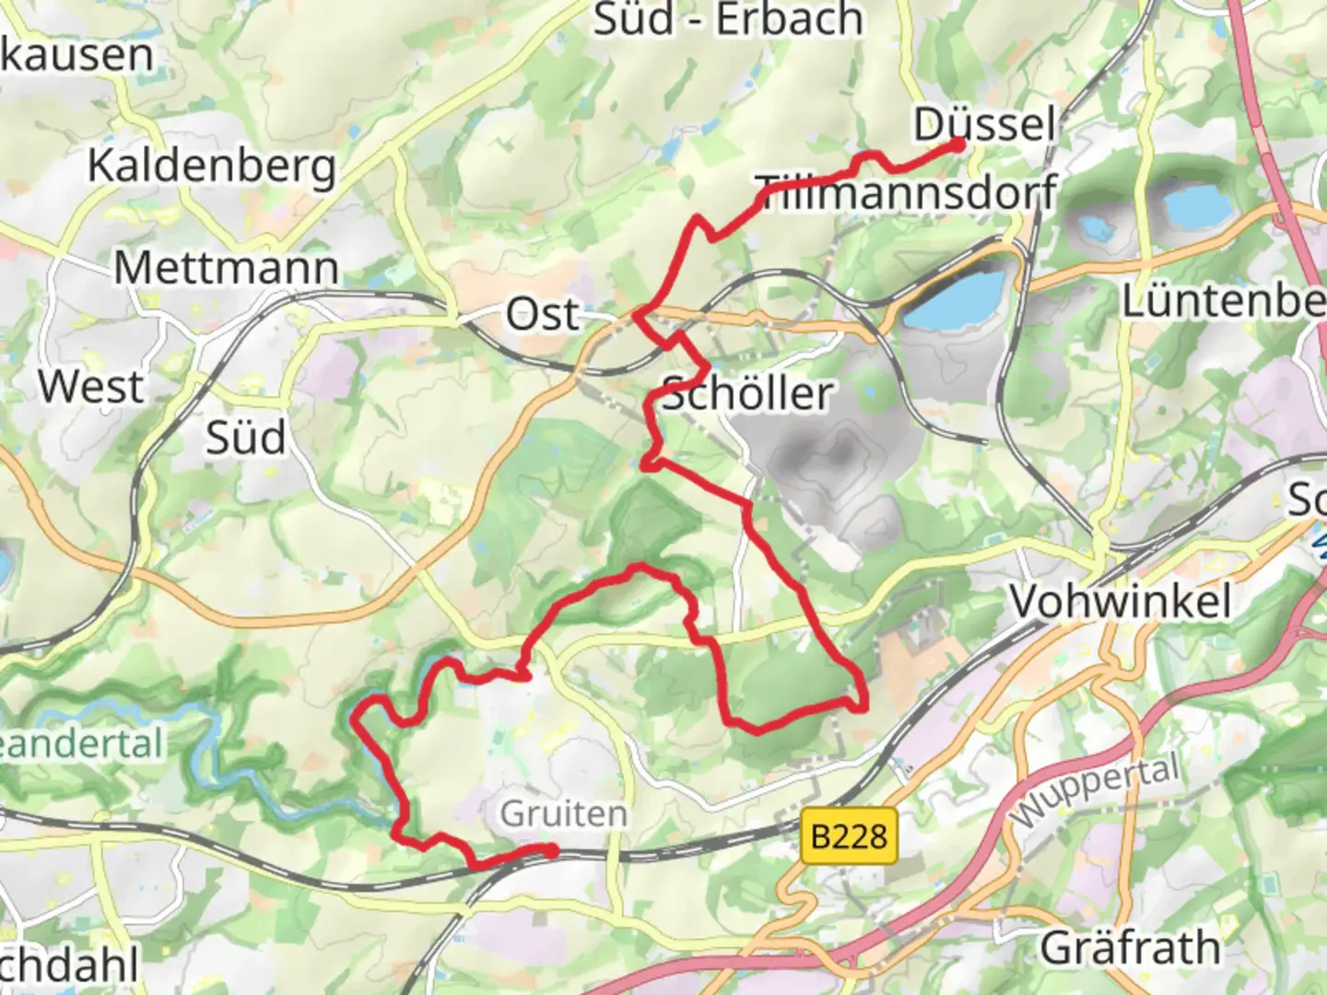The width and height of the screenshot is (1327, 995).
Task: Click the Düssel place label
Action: [984, 123]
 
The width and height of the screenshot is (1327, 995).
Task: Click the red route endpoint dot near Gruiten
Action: [550, 851]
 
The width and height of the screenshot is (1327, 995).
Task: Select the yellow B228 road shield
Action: [849, 837]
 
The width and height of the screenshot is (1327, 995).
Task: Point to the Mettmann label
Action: [227, 268]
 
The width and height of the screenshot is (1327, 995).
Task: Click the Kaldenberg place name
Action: [211, 167]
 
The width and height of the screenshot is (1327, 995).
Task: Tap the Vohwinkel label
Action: [1120, 603]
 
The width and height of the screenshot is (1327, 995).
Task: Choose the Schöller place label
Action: [746, 394]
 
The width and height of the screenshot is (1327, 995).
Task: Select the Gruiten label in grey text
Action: [563, 814]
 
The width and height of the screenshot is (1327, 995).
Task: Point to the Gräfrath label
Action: [1130, 947]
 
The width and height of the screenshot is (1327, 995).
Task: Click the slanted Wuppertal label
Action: [1095, 791]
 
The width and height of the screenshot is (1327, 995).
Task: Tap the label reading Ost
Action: [543, 315]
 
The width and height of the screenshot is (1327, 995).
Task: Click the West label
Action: [90, 386]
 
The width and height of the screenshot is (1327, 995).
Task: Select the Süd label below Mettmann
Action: [245, 438]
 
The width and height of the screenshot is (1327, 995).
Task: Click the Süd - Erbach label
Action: [728, 20]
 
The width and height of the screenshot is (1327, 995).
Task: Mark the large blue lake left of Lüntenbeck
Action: [954, 299]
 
